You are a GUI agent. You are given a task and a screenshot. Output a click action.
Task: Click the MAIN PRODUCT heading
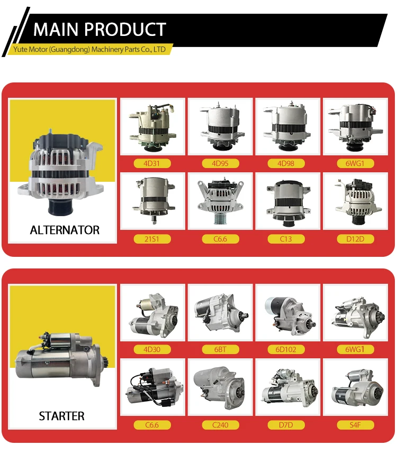pos(100,29)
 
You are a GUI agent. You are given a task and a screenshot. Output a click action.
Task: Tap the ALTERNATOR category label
pos(65,230)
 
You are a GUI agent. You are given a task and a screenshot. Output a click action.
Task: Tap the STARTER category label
pos(61,416)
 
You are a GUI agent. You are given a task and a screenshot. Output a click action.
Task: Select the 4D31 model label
pos(152,163)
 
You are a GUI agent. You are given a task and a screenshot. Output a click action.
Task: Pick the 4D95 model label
pos(220,163)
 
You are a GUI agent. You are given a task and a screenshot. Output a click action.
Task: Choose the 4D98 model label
pos(287,163)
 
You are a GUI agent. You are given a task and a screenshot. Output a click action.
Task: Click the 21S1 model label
pos(152,239)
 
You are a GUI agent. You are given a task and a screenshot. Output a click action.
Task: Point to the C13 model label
pos(287,239)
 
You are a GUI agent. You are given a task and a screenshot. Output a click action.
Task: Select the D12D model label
pos(355,239)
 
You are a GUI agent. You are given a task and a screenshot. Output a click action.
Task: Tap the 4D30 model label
pos(152,349)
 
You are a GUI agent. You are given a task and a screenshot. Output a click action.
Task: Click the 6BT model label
pos(220,349)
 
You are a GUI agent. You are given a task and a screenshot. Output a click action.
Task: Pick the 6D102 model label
pos(287,349)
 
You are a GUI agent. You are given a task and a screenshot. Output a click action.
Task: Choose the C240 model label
pos(220,425)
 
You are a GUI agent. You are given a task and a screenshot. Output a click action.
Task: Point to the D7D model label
pos(287,425)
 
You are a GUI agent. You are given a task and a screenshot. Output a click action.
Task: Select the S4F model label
pos(355,425)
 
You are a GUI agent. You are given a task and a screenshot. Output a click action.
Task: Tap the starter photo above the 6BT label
pos(220,313)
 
